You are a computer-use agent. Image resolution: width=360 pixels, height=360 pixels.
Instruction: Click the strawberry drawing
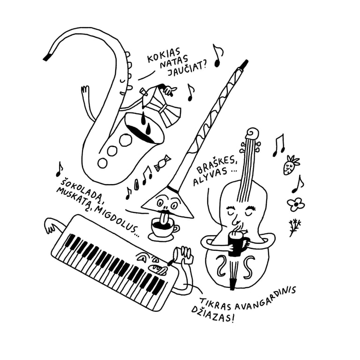(x=290, y=165)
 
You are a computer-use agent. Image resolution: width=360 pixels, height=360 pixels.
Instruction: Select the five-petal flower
(x=295, y=204)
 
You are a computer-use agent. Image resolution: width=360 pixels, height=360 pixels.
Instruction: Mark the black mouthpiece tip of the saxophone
(x=47, y=58)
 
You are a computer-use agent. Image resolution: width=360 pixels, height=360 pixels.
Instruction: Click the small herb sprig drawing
(x=295, y=226)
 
